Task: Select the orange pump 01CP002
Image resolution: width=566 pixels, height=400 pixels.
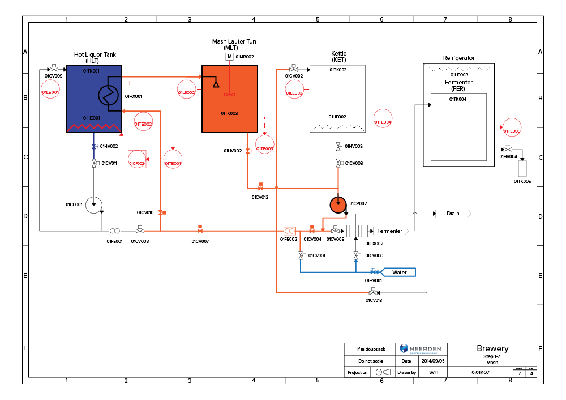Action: (338, 205)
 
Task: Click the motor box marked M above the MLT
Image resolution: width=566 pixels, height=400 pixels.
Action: (229, 57)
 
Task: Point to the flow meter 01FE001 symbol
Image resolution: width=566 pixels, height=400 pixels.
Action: (115, 231)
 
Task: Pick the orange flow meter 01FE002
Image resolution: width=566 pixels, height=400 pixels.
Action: (289, 231)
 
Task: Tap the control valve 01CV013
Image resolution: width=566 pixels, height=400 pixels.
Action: (373, 292)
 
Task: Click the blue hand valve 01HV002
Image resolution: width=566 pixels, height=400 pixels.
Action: (93, 146)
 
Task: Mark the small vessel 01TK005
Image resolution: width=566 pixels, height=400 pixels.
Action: (522, 168)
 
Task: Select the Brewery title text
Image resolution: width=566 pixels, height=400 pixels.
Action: (492, 348)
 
